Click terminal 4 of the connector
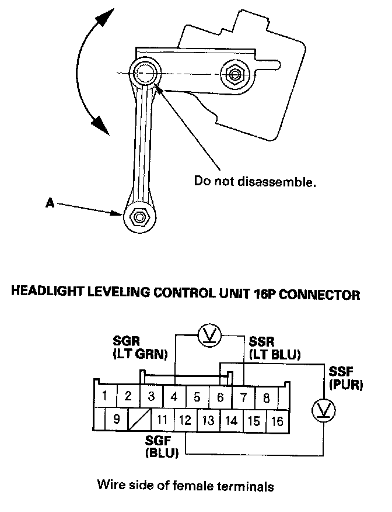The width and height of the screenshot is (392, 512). [174, 396]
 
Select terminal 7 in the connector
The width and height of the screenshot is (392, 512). [243, 397]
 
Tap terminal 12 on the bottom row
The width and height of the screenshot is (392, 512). [185, 420]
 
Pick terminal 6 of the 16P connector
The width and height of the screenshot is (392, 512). [220, 397]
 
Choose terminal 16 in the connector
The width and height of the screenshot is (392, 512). [278, 421]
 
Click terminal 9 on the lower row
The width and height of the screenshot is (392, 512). [117, 418]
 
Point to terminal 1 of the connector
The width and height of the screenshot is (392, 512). [105, 396]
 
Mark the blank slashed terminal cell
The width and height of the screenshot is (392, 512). [140, 419]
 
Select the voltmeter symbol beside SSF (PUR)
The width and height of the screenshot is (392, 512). [323, 410]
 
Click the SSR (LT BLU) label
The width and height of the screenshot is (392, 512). [274, 348]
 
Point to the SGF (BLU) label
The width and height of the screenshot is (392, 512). [162, 447]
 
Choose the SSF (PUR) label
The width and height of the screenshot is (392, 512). [346, 378]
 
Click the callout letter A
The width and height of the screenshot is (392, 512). [50, 203]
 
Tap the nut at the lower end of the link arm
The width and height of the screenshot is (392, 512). [139, 216]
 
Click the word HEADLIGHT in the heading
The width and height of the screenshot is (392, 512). [47, 291]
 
